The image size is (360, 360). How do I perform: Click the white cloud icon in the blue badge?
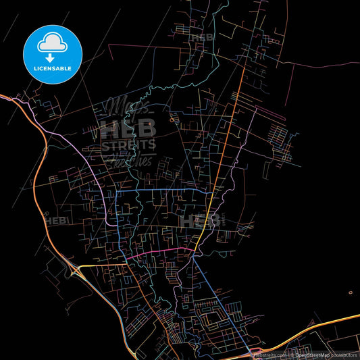53,43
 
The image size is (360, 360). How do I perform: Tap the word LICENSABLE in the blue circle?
53,69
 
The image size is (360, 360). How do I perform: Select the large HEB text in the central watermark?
128,128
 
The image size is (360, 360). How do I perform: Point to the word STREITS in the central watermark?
128,145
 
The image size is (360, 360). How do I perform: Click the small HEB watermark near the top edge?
202,38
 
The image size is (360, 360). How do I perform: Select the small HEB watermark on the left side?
54,220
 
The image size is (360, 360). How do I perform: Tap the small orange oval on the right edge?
350,292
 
